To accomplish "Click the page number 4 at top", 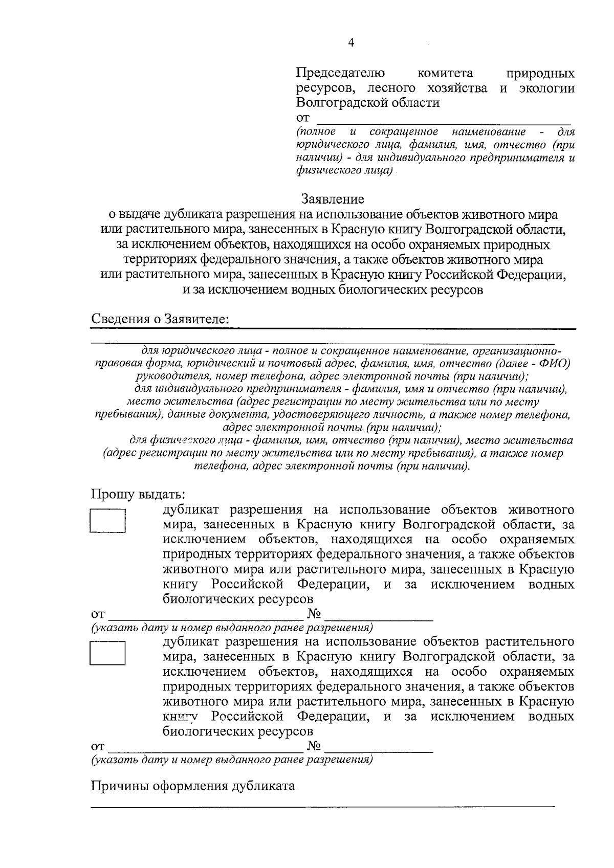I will pos(350,43).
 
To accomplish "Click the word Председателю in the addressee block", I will pos(341,74).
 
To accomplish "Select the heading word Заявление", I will pos(333,198).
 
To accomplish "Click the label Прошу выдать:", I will pos(138,495).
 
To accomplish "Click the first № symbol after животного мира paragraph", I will pos(314,614).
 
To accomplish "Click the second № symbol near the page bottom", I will pos(314,746).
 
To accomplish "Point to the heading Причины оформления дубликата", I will pos(193,786).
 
